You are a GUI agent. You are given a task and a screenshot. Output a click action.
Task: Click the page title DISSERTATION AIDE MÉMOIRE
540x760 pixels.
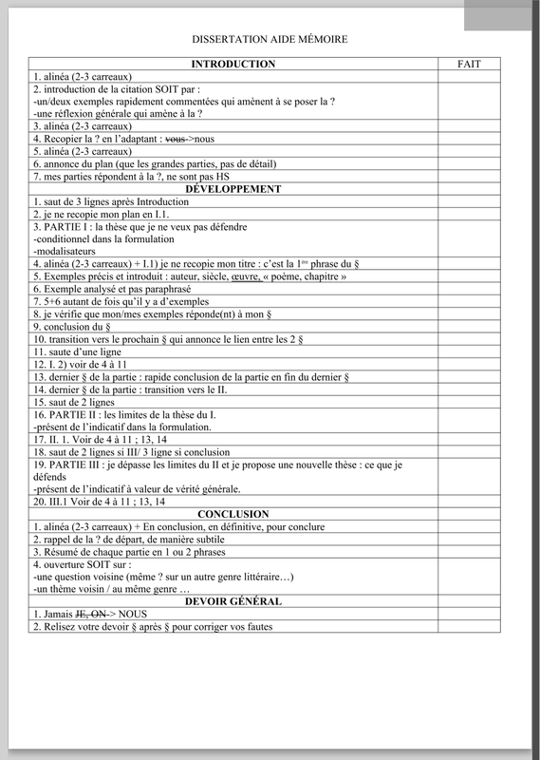pyautogui.click(x=270, y=40)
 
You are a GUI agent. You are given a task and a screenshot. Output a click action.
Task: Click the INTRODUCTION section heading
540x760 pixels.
pyautogui.click(x=233, y=65)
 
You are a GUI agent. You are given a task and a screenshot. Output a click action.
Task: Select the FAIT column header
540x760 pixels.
pyautogui.click(x=469, y=65)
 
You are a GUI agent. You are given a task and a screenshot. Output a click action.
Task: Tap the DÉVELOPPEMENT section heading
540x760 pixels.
pyautogui.click(x=233, y=189)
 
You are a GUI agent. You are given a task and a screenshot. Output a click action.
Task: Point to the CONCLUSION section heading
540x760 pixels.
pyautogui.click(x=233, y=514)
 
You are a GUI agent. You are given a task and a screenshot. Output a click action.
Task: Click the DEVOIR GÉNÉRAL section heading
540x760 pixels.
pyautogui.click(x=233, y=601)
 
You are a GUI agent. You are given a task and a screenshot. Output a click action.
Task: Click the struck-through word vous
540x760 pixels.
pyautogui.click(x=176, y=139)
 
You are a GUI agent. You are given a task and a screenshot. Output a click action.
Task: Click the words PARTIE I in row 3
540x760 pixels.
pyautogui.click(x=65, y=227)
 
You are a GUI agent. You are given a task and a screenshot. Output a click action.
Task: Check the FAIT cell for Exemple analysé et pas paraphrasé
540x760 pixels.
pyautogui.click(x=469, y=289)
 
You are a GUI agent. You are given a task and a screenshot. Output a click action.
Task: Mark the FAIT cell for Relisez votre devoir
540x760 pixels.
pyautogui.click(x=469, y=627)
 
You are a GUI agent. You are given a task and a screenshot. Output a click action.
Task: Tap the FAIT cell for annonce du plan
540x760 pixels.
pyautogui.click(x=469, y=164)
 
